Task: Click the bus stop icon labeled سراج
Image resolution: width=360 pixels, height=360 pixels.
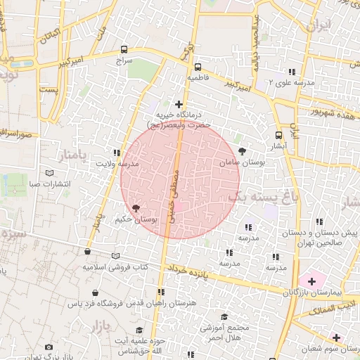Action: (x=124, y=50)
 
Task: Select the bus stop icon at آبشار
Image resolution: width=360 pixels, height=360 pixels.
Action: (x=279, y=135)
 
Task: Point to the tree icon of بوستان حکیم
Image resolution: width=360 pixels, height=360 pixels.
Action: (x=135, y=208)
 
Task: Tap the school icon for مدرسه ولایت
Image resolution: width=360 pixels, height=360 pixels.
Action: (x=116, y=152)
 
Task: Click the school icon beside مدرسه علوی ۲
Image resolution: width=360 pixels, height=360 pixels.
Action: (x=291, y=72)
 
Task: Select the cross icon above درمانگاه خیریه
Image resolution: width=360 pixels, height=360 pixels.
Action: (x=179, y=104)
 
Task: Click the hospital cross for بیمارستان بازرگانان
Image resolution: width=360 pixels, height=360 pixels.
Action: (x=311, y=281)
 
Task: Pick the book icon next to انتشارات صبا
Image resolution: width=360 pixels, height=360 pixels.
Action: (x=49, y=173)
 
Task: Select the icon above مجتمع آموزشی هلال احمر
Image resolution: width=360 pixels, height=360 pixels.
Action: (x=224, y=317)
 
